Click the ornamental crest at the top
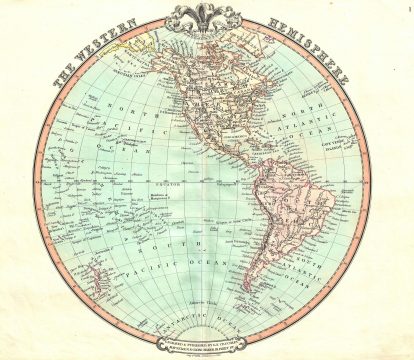point(207,18)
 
